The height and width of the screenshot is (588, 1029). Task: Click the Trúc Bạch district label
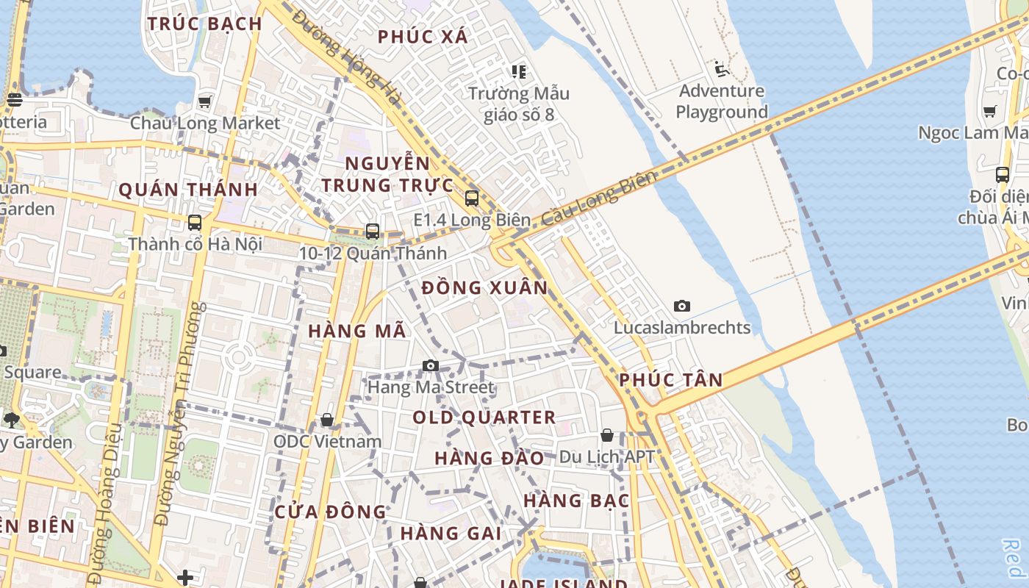click(x=204, y=24)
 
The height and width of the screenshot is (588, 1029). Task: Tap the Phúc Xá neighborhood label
click(x=423, y=37)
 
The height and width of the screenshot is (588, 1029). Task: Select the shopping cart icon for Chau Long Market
click(x=205, y=101)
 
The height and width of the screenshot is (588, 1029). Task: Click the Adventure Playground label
click(x=721, y=101)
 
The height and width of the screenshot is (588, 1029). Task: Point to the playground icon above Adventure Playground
click(x=722, y=70)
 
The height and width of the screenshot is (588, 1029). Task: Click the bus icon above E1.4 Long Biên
click(x=472, y=198)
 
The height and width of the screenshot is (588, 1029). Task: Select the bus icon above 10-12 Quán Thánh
click(x=373, y=232)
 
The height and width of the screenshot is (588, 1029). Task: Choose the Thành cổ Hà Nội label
click(x=195, y=243)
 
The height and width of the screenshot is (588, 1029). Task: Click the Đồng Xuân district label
click(x=485, y=287)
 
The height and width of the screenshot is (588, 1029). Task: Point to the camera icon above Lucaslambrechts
click(x=682, y=306)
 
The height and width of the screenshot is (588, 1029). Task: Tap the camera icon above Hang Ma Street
click(x=431, y=365)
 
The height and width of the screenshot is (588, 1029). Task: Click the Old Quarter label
click(x=484, y=417)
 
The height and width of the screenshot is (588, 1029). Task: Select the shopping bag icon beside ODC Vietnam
click(x=327, y=420)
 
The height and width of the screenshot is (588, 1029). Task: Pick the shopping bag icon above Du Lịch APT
click(x=607, y=435)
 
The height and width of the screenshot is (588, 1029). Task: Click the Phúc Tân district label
click(x=670, y=380)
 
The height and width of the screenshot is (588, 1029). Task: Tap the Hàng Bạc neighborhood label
click(x=576, y=501)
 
